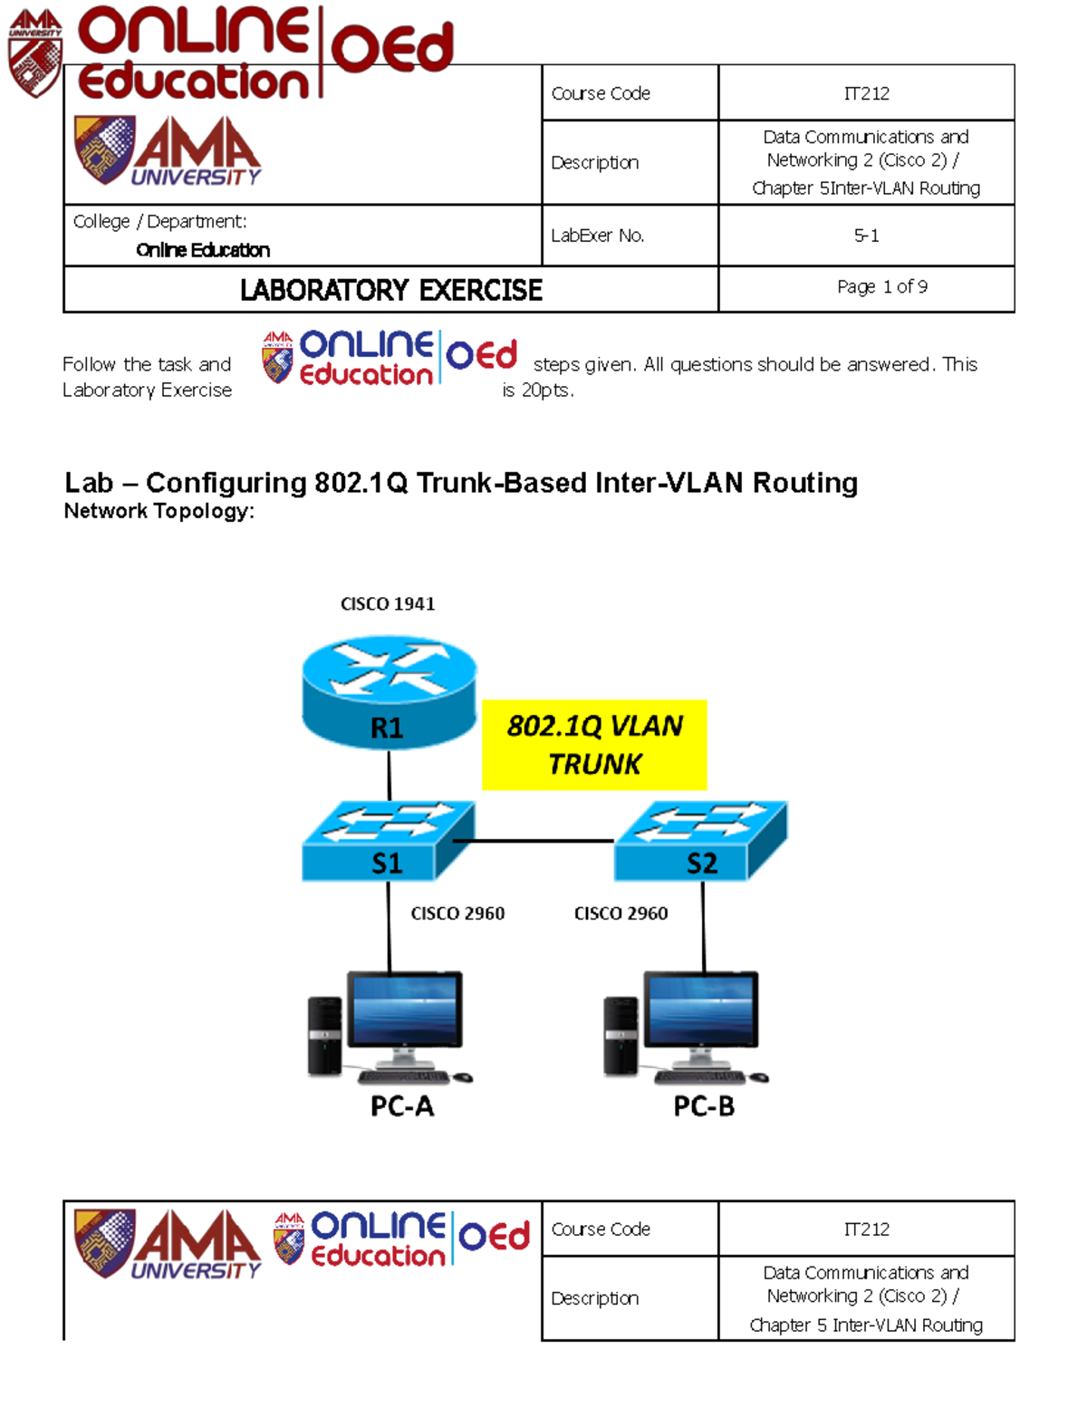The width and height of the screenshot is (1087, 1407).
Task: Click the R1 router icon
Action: [x=389, y=692]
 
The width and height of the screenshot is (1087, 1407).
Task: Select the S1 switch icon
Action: [x=387, y=842]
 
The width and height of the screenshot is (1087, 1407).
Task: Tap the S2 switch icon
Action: [x=700, y=842]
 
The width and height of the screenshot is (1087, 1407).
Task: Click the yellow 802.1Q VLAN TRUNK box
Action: [x=594, y=745]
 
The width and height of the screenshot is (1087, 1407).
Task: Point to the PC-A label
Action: [x=402, y=1106]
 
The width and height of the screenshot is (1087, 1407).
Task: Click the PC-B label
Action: [x=704, y=1106]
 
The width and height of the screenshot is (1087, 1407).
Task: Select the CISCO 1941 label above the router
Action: [x=388, y=604]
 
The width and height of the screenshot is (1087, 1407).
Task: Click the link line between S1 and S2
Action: [x=534, y=841]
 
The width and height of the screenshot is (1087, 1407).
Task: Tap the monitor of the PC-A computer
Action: [x=405, y=1011]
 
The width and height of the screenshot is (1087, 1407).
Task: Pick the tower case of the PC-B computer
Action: [x=621, y=1036]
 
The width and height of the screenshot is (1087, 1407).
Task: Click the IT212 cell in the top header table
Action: [x=866, y=93]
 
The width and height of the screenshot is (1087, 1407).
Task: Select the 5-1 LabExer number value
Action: [x=866, y=236]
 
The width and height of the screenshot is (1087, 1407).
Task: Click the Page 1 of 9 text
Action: [x=881, y=287]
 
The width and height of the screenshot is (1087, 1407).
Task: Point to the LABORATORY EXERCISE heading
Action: [x=391, y=290]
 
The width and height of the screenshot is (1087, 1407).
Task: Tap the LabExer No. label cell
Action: [x=598, y=236]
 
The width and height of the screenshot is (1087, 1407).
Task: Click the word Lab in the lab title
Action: [x=89, y=483]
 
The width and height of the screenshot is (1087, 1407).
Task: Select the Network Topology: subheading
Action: [x=159, y=511]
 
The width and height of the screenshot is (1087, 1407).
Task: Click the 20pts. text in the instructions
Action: [x=547, y=390]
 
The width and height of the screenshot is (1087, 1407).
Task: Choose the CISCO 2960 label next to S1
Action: [x=457, y=913]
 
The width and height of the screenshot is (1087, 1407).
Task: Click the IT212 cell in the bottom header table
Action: [x=866, y=1229]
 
